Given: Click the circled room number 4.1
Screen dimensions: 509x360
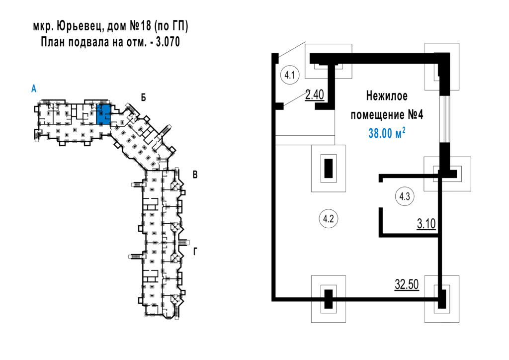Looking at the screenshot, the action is (x=289, y=75).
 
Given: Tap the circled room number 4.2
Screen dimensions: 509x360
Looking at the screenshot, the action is (x=328, y=219).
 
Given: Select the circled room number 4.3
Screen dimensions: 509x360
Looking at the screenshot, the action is (x=405, y=196).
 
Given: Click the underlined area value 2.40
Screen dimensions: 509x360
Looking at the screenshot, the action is (x=315, y=95).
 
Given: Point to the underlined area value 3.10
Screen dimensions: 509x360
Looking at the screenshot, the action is (x=426, y=224).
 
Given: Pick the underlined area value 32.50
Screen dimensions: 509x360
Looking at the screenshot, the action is (x=407, y=284).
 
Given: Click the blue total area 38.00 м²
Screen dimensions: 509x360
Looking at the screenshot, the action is (x=387, y=133).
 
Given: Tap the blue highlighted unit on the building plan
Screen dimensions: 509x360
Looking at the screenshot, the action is (x=103, y=114).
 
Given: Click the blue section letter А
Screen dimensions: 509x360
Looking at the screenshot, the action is (x=34, y=89).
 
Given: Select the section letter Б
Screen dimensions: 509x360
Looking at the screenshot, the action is (x=143, y=97).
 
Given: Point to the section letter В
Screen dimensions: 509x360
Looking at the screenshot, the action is (x=195, y=175).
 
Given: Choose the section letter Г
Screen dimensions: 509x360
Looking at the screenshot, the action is (x=195, y=252).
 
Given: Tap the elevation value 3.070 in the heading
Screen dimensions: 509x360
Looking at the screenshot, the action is (x=168, y=42).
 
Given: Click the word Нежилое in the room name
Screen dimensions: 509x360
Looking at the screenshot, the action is (x=387, y=96).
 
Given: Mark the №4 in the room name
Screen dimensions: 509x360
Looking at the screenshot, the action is (x=415, y=115).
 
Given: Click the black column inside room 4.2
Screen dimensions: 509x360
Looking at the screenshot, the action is (x=329, y=168).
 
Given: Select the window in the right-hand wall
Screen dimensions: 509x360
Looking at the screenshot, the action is (x=445, y=119).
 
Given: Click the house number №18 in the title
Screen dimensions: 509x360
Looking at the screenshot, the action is (x=141, y=26).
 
